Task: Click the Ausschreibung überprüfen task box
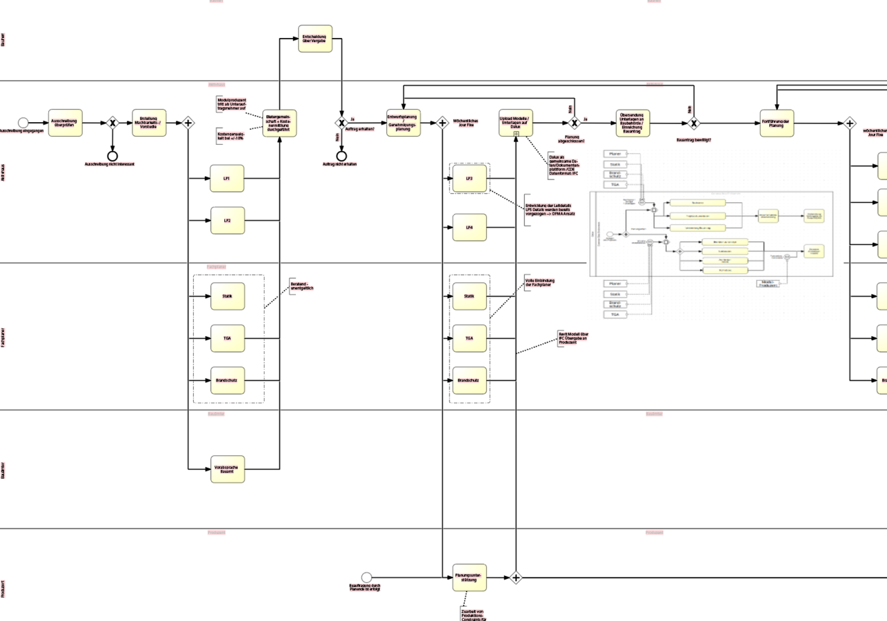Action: click(x=66, y=123)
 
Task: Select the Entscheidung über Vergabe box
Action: click(x=315, y=39)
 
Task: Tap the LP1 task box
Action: click(x=228, y=179)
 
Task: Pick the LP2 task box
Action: click(x=228, y=220)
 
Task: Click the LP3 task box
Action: click(x=470, y=179)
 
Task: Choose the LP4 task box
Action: click(x=470, y=227)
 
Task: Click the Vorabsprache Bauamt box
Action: click(x=228, y=469)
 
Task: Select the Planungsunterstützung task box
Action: click(x=470, y=578)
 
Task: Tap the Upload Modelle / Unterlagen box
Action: click(x=516, y=123)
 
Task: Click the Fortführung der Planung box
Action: click(x=777, y=123)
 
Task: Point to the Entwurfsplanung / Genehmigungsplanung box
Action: click(x=403, y=123)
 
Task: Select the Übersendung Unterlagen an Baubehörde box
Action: click(x=632, y=123)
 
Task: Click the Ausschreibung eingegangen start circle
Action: click(x=23, y=123)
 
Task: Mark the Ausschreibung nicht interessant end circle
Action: click(x=112, y=155)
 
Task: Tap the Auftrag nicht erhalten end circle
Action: click(x=341, y=155)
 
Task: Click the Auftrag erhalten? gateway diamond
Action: click(x=341, y=123)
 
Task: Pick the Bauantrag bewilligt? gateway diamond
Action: click(x=694, y=123)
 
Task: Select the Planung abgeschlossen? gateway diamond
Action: click(x=573, y=123)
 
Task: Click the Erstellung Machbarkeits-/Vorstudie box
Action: click(x=149, y=123)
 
